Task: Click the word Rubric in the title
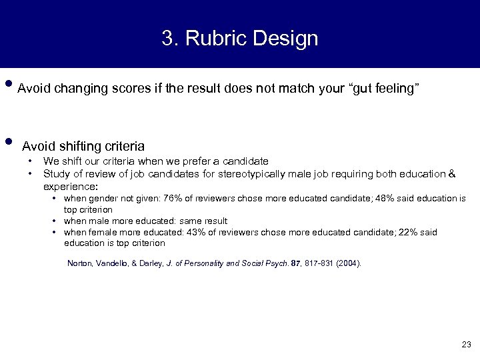point(212,38)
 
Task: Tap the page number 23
point(465,344)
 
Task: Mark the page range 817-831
point(313,263)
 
